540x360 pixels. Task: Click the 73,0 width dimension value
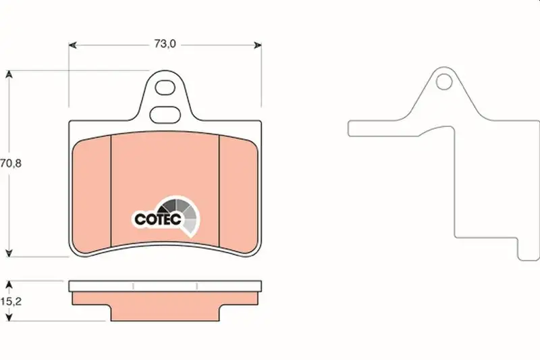(165, 44)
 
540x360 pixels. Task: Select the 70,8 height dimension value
(11, 163)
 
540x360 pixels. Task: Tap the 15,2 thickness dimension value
(11, 301)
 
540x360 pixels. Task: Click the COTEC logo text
(158, 219)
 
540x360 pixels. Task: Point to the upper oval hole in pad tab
(165, 88)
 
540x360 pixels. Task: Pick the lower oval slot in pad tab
(165, 115)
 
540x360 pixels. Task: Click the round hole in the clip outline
(444, 82)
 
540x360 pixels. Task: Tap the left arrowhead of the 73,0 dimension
(72, 45)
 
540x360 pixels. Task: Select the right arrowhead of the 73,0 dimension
(258, 45)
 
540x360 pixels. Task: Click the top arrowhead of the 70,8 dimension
(9, 74)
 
